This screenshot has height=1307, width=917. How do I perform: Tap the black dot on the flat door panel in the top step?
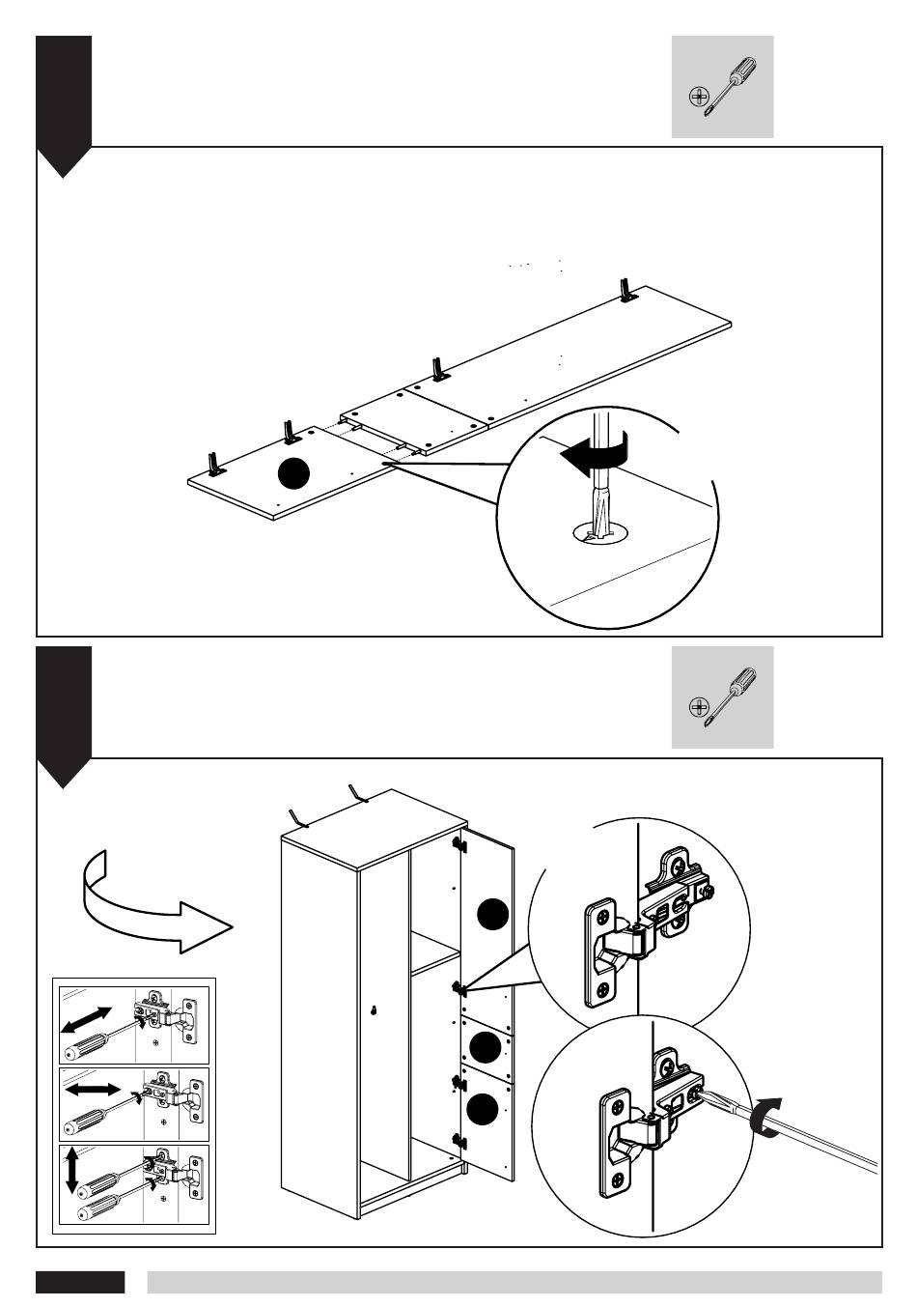coord(293,473)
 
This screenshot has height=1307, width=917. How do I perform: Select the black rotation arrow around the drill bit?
coord(596,454)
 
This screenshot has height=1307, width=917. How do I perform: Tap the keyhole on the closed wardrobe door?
coord(374,1011)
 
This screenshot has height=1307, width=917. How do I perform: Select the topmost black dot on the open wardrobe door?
coord(492,914)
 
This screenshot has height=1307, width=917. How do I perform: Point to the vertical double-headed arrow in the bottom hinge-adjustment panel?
coord(71,1170)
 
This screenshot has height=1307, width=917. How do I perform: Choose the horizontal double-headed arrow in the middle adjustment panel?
coord(92,1090)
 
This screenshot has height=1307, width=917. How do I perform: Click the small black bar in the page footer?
coord(80,1282)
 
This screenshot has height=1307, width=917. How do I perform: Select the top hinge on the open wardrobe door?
coord(458,846)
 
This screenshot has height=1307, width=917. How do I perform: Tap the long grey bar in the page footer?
coord(514,1282)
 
